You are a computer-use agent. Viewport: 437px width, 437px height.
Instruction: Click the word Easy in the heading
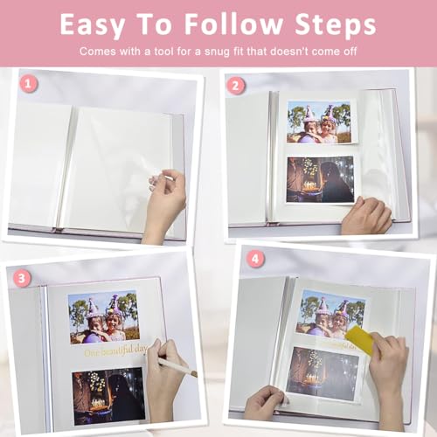point(93,25)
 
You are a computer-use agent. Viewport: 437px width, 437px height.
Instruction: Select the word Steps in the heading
point(336,25)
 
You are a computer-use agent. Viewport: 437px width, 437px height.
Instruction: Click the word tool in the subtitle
point(164,52)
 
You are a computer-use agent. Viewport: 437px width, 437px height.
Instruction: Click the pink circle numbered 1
point(28,85)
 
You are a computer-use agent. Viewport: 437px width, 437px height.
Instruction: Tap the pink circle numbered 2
point(235,86)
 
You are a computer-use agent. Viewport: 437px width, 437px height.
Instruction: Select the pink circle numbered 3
point(22,278)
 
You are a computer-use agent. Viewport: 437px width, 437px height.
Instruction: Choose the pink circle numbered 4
point(255,259)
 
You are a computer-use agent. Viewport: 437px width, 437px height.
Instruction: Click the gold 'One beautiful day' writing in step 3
point(115,351)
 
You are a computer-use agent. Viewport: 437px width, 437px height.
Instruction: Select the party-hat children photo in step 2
point(319,121)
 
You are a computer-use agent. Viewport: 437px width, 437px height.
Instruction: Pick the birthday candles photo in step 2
point(320,179)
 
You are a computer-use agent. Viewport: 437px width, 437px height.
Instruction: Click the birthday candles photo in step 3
point(108,396)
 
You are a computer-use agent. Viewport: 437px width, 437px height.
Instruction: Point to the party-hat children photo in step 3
point(104,316)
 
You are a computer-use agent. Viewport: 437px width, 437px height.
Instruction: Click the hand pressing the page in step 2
point(366,216)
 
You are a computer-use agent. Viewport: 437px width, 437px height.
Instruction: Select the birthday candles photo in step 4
point(323,373)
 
